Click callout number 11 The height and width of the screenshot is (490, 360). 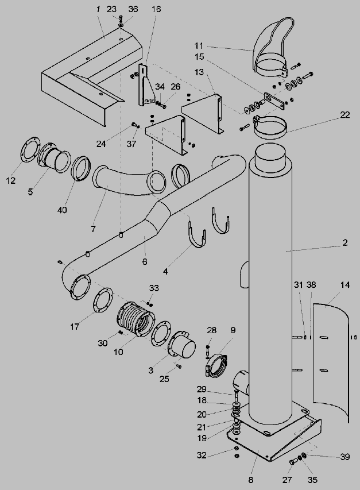click(x=199, y=46)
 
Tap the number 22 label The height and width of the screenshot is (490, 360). click(x=344, y=115)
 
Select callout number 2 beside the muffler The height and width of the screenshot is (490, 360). click(x=344, y=243)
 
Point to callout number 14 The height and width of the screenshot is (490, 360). click(x=345, y=285)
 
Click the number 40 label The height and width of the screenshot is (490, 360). click(x=62, y=210)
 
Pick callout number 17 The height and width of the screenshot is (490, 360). click(x=74, y=327)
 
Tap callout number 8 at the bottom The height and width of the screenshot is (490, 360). click(x=251, y=480)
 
